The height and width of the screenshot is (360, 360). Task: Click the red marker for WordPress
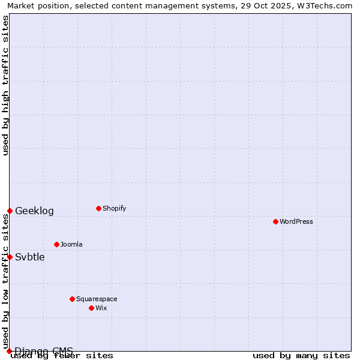(x=275, y=221)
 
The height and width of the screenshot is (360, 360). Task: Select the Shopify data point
(x=98, y=208)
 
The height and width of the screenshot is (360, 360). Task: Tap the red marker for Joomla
(x=56, y=244)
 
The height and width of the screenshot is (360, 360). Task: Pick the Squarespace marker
(x=72, y=299)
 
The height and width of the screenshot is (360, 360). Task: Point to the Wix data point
(x=91, y=308)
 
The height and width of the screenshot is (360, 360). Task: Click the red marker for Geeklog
(x=10, y=211)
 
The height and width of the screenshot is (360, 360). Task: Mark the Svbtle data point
(x=10, y=257)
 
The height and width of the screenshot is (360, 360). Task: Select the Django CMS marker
(x=9, y=351)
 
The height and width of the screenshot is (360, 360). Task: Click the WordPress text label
(x=296, y=221)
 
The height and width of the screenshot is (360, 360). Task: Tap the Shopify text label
(x=114, y=208)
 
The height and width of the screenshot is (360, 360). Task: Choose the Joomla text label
(x=71, y=244)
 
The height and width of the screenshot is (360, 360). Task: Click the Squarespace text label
(x=97, y=299)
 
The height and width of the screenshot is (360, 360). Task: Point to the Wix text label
(x=101, y=308)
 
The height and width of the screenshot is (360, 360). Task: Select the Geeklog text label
(x=34, y=211)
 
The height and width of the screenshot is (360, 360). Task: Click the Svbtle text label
(x=30, y=257)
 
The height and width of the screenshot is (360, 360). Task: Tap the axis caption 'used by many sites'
(x=301, y=355)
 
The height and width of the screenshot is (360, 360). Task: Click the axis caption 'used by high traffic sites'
(x=5, y=85)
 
